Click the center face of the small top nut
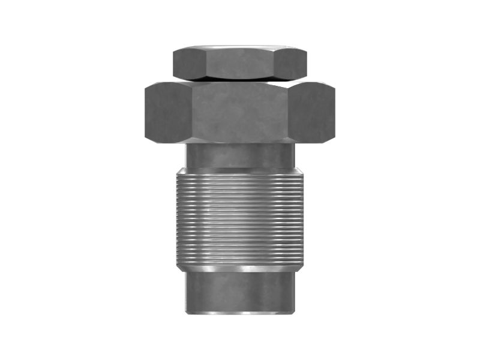(240, 64)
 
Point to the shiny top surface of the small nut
(240, 47)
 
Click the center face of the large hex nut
(240, 112)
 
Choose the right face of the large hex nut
(312, 112)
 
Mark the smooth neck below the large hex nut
(240, 155)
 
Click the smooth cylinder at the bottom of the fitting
(240, 291)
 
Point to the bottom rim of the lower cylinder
(240, 311)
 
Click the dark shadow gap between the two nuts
(240, 80)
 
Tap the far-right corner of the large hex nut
(334, 112)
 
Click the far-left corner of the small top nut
(173, 64)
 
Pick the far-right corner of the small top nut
(307, 64)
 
